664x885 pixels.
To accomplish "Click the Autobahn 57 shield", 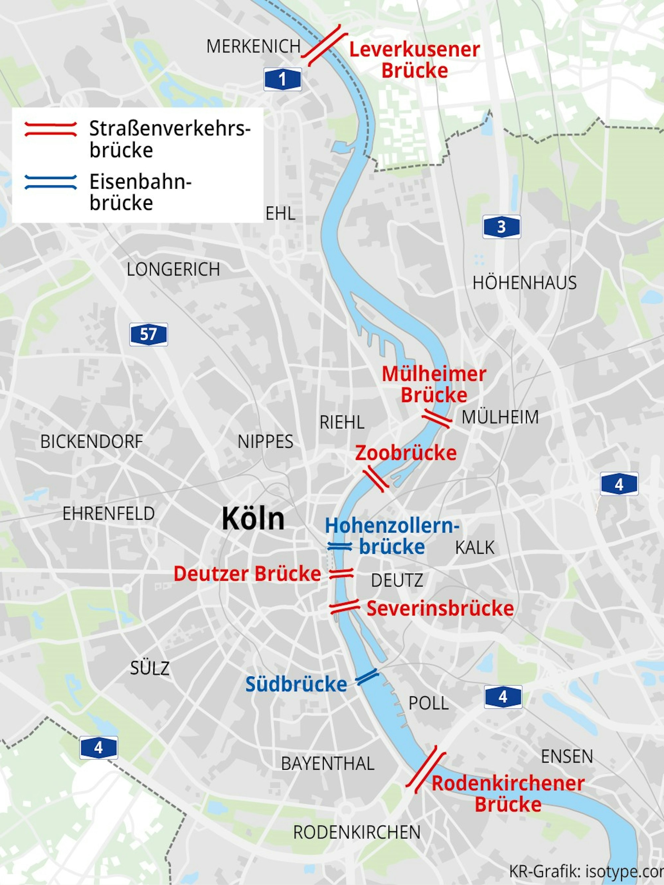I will pyautogui.click(x=148, y=334).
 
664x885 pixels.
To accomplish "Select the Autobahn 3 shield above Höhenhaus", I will pyautogui.click(x=502, y=227).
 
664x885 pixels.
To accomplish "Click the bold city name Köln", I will pyautogui.click(x=253, y=519).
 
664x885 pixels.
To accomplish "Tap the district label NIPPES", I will pyautogui.click(x=265, y=442).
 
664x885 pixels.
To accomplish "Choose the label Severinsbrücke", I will pyautogui.click(x=440, y=608).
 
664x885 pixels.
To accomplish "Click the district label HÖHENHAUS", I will pyautogui.click(x=524, y=283).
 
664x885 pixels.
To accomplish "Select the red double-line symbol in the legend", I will pyautogui.click(x=51, y=129).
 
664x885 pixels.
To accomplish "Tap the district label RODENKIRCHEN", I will pyautogui.click(x=357, y=833).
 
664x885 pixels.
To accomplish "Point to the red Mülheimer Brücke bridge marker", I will pyautogui.click(x=437, y=419).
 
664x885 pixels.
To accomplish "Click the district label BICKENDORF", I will pyautogui.click(x=92, y=442).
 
